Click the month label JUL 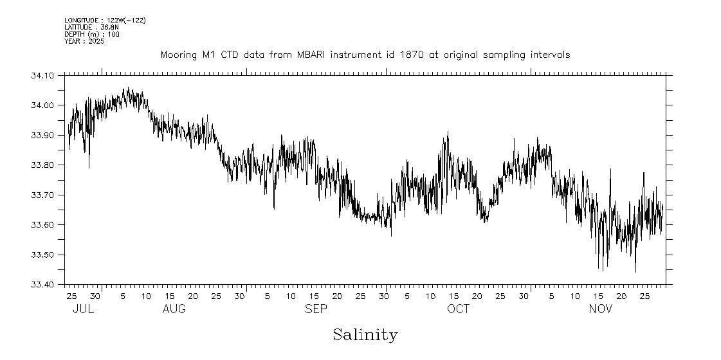tap(83, 309)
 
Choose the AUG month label tap(174, 309)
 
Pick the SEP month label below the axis tap(316, 309)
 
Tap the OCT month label tap(458, 309)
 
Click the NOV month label tap(601, 309)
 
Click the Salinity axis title tap(365, 335)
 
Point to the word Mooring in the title tap(179, 55)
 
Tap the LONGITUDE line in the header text tap(105, 21)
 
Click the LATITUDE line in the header tap(91, 28)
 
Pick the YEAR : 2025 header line tap(84, 41)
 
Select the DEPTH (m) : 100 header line tap(91, 34)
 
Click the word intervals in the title tap(550, 55)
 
